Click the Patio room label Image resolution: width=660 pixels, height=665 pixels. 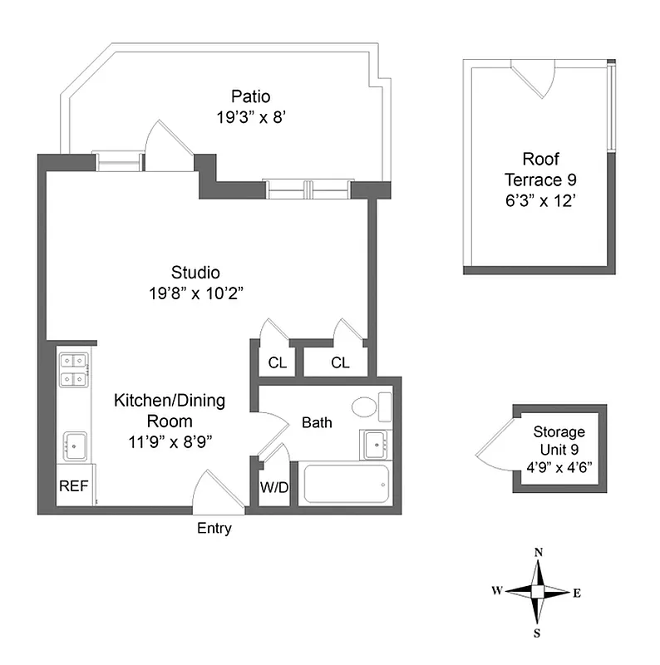pyautogui.click(x=250, y=96)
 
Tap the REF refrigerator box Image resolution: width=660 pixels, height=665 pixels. pyautogui.click(x=72, y=487)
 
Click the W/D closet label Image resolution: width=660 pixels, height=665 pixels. pyautogui.click(x=273, y=487)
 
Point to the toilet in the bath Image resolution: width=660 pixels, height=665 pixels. pyautogui.click(x=371, y=407)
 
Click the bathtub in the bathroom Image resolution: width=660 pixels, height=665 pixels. pyautogui.click(x=346, y=484)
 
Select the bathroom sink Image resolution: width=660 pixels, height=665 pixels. pyautogui.click(x=375, y=445)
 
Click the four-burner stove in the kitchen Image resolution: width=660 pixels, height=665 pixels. pyautogui.click(x=74, y=370)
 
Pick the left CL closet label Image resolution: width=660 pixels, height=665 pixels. pyautogui.click(x=277, y=362)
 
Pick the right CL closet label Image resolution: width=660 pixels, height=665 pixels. pyautogui.click(x=340, y=362)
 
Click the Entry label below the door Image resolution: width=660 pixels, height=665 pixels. pyautogui.click(x=214, y=529)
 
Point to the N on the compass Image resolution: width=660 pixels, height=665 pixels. pyautogui.click(x=539, y=553)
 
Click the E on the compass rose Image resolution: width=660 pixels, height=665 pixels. pyautogui.click(x=576, y=593)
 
